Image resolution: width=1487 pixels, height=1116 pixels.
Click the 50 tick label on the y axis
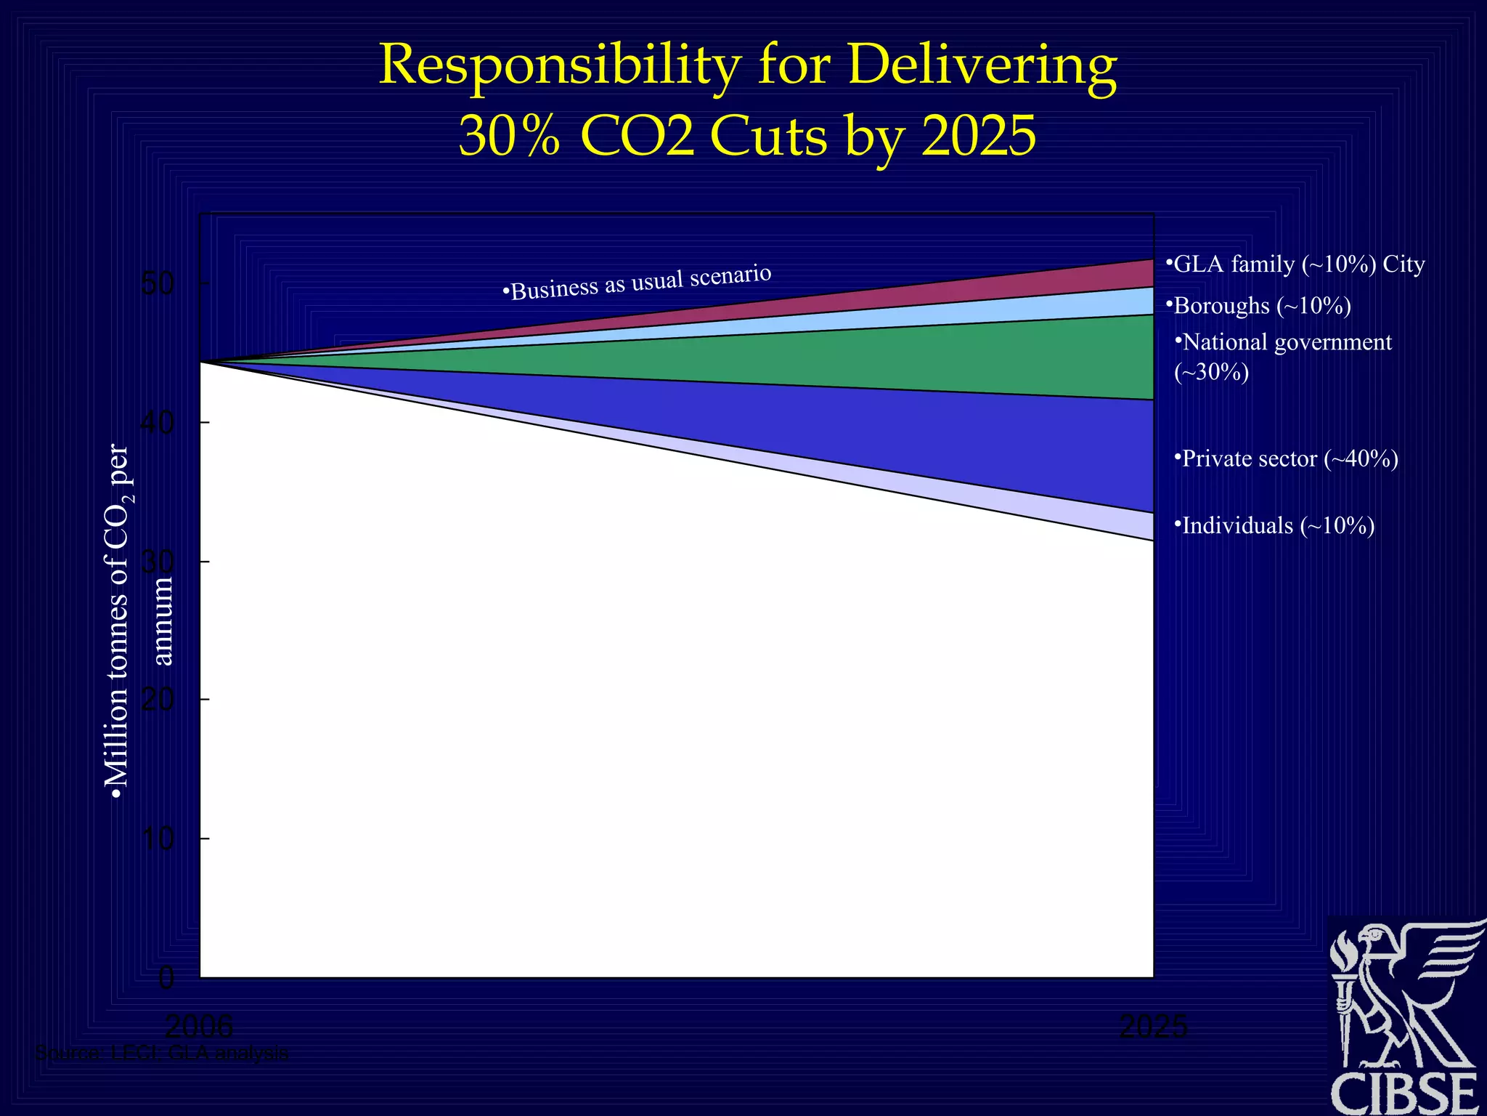(158, 283)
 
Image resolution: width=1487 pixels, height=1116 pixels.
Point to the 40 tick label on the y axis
(158, 422)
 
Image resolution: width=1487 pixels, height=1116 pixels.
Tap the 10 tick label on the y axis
(158, 839)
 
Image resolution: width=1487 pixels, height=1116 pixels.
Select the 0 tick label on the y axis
(166, 978)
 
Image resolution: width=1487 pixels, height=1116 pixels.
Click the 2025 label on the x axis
(1153, 1027)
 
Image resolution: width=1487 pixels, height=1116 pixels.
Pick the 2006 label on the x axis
(199, 1027)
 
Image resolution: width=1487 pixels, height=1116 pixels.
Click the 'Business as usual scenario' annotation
(637, 282)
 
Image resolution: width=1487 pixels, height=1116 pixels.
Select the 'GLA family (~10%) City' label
(1295, 264)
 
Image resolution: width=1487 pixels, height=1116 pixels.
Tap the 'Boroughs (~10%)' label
(1259, 306)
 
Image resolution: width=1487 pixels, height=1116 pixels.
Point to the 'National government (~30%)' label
(1283, 356)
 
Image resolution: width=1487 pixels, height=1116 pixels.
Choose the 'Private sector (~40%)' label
(1286, 459)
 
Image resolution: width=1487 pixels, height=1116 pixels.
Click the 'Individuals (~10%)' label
(1274, 525)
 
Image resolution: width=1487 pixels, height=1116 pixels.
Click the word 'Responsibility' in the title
(559, 65)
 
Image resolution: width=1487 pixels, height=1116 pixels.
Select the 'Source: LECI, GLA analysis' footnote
(162, 1053)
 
